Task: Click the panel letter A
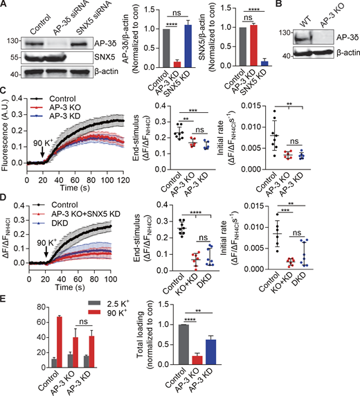[5, 6]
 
